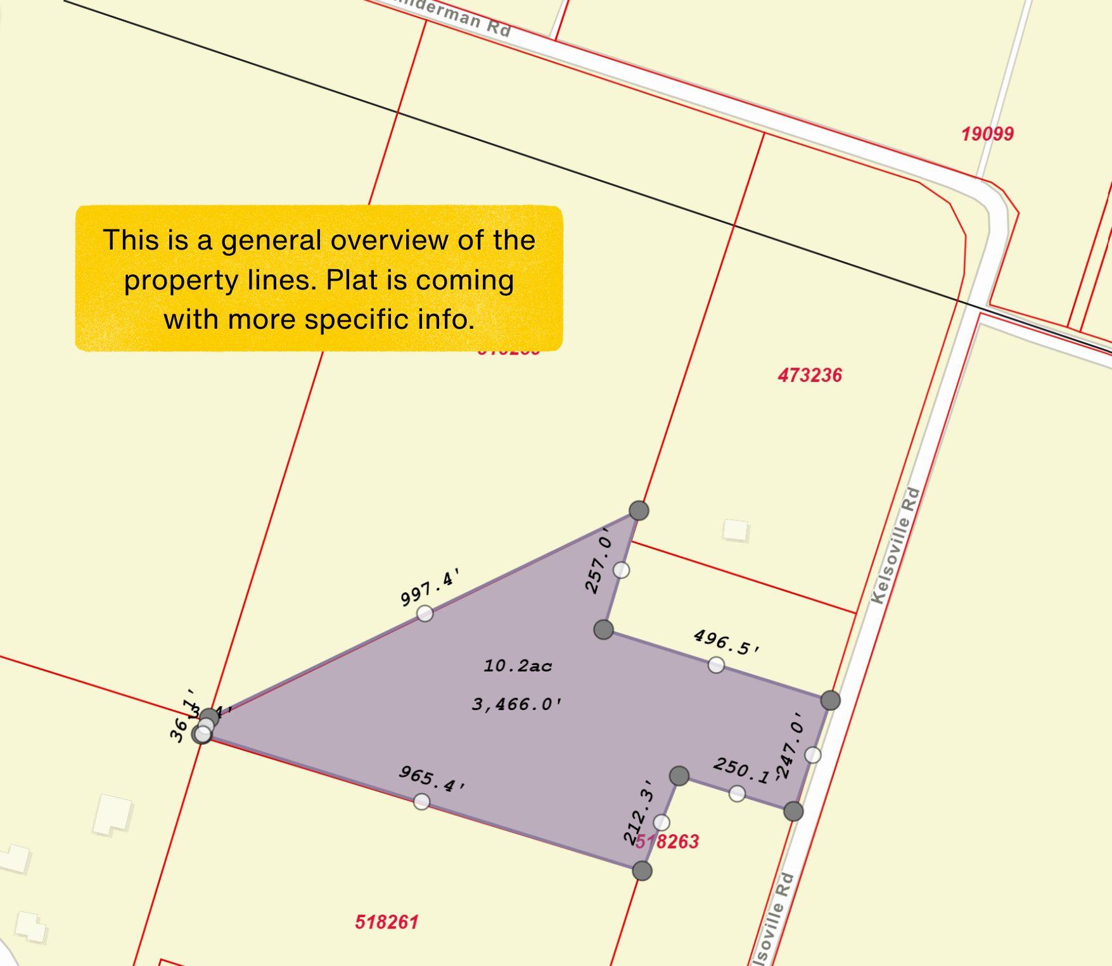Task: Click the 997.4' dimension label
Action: point(429,588)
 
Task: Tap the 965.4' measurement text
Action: point(432,779)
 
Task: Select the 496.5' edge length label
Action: point(726,642)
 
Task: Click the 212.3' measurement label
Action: point(638,813)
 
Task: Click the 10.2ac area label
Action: point(518,666)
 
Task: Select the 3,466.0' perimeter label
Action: point(517,704)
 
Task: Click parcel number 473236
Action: point(810,375)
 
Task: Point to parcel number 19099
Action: point(987,134)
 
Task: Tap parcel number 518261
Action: point(387,922)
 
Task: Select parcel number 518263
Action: point(667,841)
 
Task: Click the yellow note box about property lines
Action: point(319,278)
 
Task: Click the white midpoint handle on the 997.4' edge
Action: point(425,613)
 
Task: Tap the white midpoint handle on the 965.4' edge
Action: point(421,802)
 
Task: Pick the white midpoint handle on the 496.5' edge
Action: point(716,664)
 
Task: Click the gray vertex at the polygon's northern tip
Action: point(639,510)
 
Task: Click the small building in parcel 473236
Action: point(735,530)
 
